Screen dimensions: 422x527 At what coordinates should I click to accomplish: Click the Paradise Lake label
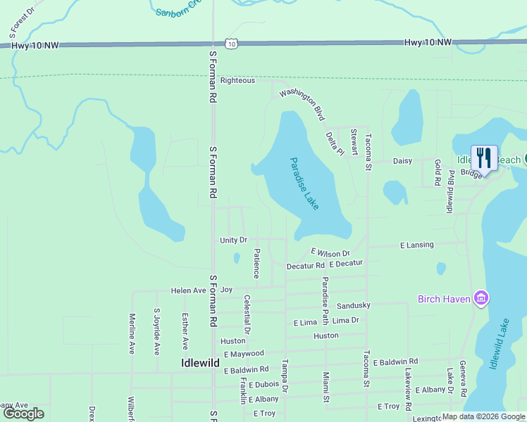(x=304, y=183)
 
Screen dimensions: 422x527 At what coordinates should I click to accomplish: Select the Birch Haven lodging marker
(x=481, y=298)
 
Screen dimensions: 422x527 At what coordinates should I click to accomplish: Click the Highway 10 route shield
(x=232, y=44)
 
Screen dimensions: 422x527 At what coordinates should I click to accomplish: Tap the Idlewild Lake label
(x=500, y=345)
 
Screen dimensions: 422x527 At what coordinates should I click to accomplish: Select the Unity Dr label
(x=233, y=240)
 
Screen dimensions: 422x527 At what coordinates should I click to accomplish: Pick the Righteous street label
(x=237, y=80)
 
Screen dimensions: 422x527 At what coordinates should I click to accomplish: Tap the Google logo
(x=24, y=414)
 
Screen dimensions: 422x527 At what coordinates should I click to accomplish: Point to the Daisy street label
(x=402, y=160)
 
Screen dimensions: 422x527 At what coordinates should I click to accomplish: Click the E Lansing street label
(x=417, y=245)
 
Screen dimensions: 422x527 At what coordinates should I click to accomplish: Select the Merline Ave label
(x=132, y=333)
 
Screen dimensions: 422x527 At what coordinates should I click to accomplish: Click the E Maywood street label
(x=244, y=353)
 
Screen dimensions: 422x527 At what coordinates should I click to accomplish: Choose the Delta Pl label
(x=334, y=143)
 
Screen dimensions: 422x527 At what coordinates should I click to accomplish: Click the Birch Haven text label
(x=444, y=299)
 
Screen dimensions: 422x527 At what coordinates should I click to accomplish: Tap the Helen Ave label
(x=188, y=290)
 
